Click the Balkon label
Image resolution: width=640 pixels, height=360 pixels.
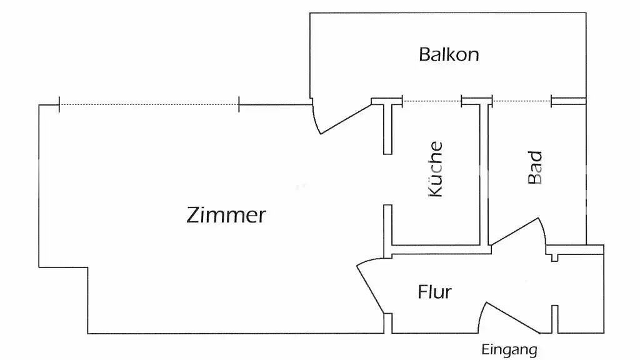pyautogui.click(x=449, y=54)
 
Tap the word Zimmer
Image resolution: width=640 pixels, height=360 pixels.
pyautogui.click(x=226, y=215)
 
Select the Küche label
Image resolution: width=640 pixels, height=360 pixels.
pyautogui.click(x=435, y=169)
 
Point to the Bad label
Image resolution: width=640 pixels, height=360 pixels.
pyautogui.click(x=535, y=167)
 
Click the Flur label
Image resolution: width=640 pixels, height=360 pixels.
pyautogui.click(x=434, y=292)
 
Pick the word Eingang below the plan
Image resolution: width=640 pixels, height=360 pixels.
pyautogui.click(x=509, y=350)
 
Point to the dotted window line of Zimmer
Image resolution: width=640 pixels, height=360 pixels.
pyautogui.click(x=149, y=105)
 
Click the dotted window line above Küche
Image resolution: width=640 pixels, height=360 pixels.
pyautogui.click(x=431, y=101)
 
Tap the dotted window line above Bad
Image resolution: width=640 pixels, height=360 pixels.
pyautogui.click(x=522, y=101)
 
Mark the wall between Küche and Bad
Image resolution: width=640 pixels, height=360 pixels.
pyautogui.click(x=484, y=175)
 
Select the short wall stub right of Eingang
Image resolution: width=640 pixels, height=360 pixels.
pyautogui.click(x=554, y=319)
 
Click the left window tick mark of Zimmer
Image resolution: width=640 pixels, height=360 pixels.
pyautogui.click(x=59, y=105)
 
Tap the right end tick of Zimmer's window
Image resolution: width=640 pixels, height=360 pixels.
pyautogui.click(x=239, y=105)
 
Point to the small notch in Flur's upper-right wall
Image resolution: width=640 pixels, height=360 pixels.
pyautogui.click(x=554, y=256)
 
